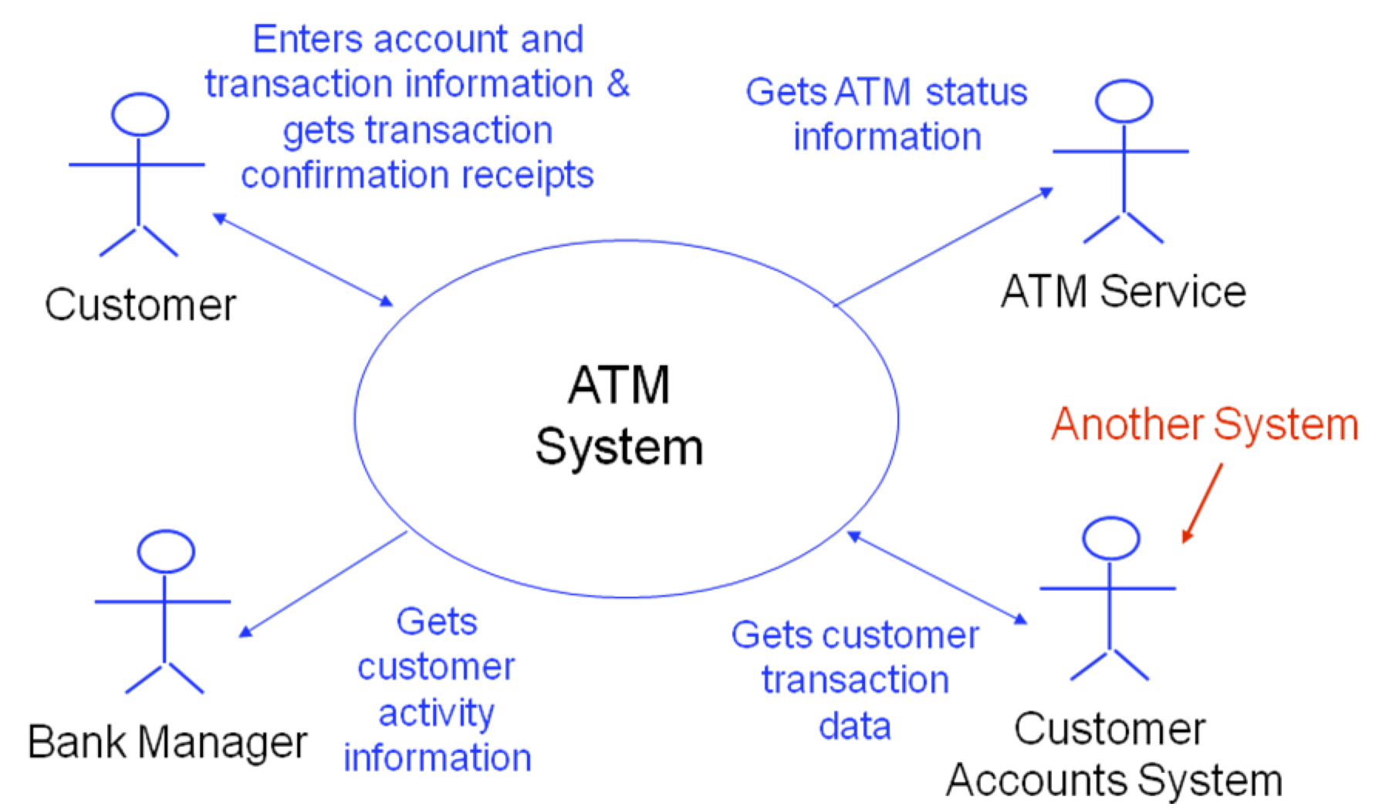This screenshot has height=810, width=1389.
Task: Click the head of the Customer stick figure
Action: coord(140,115)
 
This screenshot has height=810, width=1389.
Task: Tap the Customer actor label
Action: coord(140,305)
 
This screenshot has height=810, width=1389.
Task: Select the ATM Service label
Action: coord(1123,292)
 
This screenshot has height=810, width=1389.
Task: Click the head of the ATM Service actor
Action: coord(1124,101)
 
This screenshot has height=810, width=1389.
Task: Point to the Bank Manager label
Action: coord(167,742)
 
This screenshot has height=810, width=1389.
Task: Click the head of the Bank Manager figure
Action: coord(165,552)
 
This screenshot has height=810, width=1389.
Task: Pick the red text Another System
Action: coord(1204,424)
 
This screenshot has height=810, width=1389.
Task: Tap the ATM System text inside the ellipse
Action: coord(620,417)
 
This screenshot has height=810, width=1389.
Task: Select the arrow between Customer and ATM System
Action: coord(302,260)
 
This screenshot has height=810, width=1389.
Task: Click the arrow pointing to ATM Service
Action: coord(943,247)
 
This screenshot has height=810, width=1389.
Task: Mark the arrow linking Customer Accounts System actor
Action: coord(937,577)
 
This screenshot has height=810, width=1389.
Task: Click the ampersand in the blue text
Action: coord(618,83)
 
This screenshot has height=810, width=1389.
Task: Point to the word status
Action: coord(976,92)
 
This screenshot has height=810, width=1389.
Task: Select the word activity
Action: coord(436,713)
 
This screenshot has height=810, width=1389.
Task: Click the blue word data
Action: coord(855,726)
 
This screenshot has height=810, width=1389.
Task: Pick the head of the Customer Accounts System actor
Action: coord(1110,538)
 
